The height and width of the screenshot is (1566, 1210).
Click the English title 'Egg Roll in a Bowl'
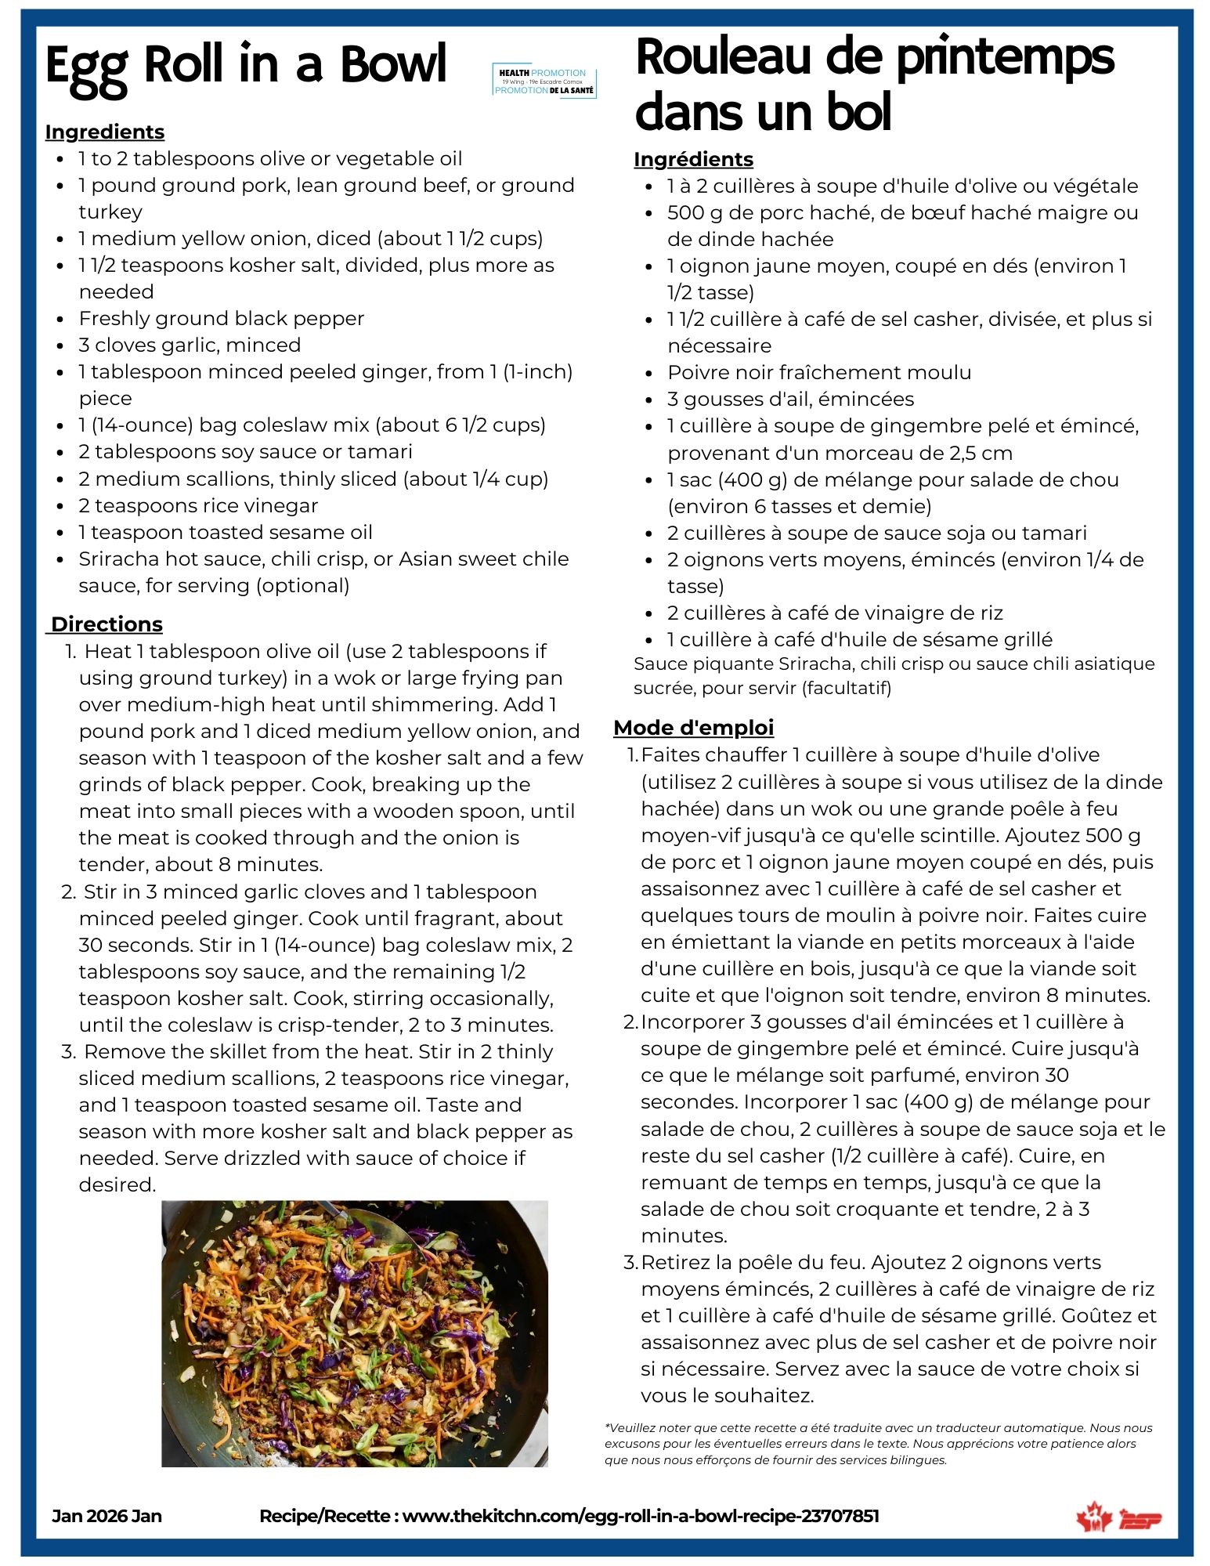click(245, 66)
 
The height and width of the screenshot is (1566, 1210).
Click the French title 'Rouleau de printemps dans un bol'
click(873, 85)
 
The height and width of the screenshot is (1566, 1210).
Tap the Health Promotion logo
click(544, 82)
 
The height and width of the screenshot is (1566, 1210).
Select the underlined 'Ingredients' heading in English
click(105, 132)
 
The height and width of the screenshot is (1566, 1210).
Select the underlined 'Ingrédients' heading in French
click(693, 159)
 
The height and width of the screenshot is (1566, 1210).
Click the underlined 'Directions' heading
click(107, 624)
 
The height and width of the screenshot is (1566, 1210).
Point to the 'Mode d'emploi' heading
click(693, 728)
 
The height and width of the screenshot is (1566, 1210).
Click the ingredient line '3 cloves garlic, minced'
click(190, 345)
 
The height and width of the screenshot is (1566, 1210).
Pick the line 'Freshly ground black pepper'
click(221, 318)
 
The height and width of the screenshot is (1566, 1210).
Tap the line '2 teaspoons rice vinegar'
click(198, 505)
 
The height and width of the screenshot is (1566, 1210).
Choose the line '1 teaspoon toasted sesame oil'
click(225, 532)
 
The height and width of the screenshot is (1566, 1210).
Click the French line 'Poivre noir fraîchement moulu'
click(818, 372)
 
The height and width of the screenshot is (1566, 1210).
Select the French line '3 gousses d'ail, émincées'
click(790, 399)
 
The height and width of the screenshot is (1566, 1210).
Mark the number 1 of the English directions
click(70, 652)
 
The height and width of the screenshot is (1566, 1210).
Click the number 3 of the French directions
click(630, 1263)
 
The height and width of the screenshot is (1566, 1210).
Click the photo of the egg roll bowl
click(354, 1333)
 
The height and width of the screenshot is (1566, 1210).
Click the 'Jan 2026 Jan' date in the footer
click(107, 1516)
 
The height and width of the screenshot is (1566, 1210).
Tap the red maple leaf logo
click(1094, 1517)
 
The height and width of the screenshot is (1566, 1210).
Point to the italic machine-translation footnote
click(877, 1444)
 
